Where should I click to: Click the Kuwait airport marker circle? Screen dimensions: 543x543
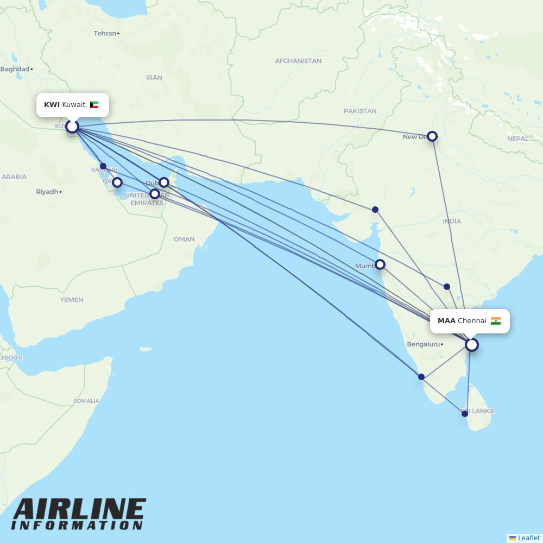(72, 127)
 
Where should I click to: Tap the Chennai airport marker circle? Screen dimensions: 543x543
(472, 345)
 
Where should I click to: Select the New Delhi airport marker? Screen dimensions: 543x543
(432, 136)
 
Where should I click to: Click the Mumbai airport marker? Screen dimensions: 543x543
(380, 264)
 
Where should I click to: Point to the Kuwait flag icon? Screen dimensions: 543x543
(94, 104)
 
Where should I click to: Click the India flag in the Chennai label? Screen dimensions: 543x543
(495, 321)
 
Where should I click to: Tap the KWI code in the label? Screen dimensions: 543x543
(52, 104)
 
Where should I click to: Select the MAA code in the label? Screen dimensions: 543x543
(446, 321)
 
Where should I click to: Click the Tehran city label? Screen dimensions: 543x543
(105, 33)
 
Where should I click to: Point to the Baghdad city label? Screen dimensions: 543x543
(15, 69)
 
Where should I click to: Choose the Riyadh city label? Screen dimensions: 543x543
(47, 192)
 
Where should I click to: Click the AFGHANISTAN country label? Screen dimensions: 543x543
(298, 61)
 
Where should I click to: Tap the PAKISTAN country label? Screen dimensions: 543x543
(360, 111)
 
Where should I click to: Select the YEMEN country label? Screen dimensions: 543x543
(72, 300)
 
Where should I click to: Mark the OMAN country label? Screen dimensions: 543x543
(184, 239)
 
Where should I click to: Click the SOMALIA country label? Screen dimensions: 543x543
(86, 401)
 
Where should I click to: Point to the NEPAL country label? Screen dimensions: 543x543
(517, 138)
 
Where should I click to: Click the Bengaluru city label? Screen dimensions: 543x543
(423, 344)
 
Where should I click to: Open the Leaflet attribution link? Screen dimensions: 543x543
(528, 538)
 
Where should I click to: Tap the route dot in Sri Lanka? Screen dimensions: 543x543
(465, 414)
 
